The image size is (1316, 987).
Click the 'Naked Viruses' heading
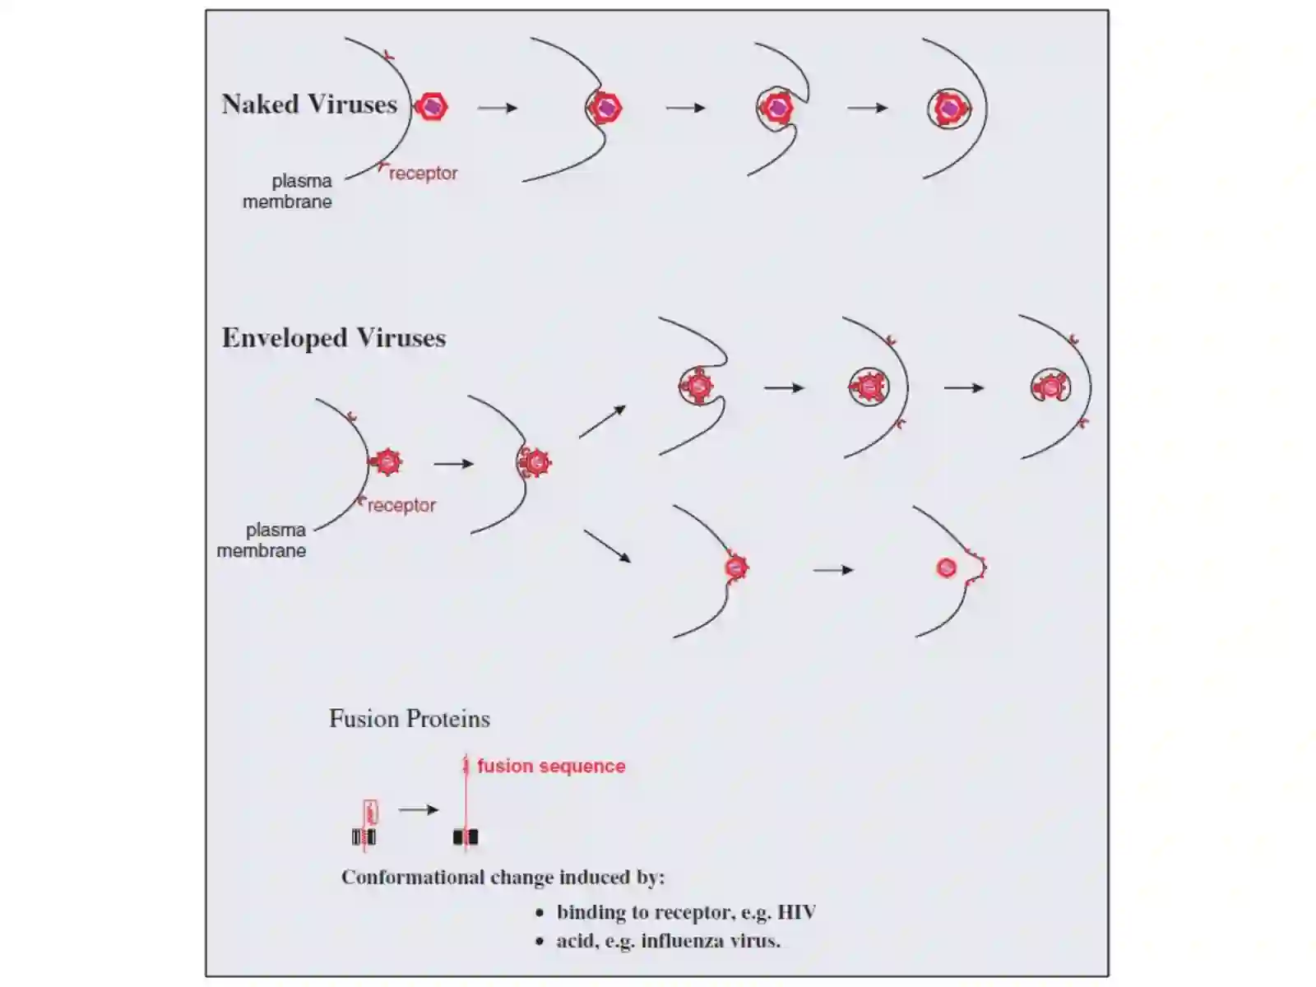coord(309,104)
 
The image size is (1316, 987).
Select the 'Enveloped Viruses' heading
coord(334,338)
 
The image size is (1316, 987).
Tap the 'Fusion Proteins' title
coord(410,719)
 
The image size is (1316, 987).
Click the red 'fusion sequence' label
coord(551,766)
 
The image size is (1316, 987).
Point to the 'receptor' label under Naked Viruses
coord(424,174)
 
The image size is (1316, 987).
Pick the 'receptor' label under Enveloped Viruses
coord(401,505)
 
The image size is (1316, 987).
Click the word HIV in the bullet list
coord(797,912)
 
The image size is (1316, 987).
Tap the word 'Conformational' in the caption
coord(414,878)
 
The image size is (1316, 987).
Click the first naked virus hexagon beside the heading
coord(432,107)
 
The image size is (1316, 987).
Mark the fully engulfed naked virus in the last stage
coord(949,109)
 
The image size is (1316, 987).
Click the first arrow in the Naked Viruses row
coord(498,108)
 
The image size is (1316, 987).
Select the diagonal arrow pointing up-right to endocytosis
coord(603,422)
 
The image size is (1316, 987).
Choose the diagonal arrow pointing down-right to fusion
coord(607,546)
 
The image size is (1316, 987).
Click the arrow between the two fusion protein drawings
coord(419,809)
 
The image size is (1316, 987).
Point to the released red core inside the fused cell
coord(946,568)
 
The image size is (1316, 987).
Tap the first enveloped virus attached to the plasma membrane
coord(387,462)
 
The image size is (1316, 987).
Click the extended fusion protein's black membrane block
coord(466,836)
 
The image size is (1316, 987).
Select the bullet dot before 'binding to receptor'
coord(540,913)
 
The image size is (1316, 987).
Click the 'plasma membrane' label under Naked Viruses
coord(287,191)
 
